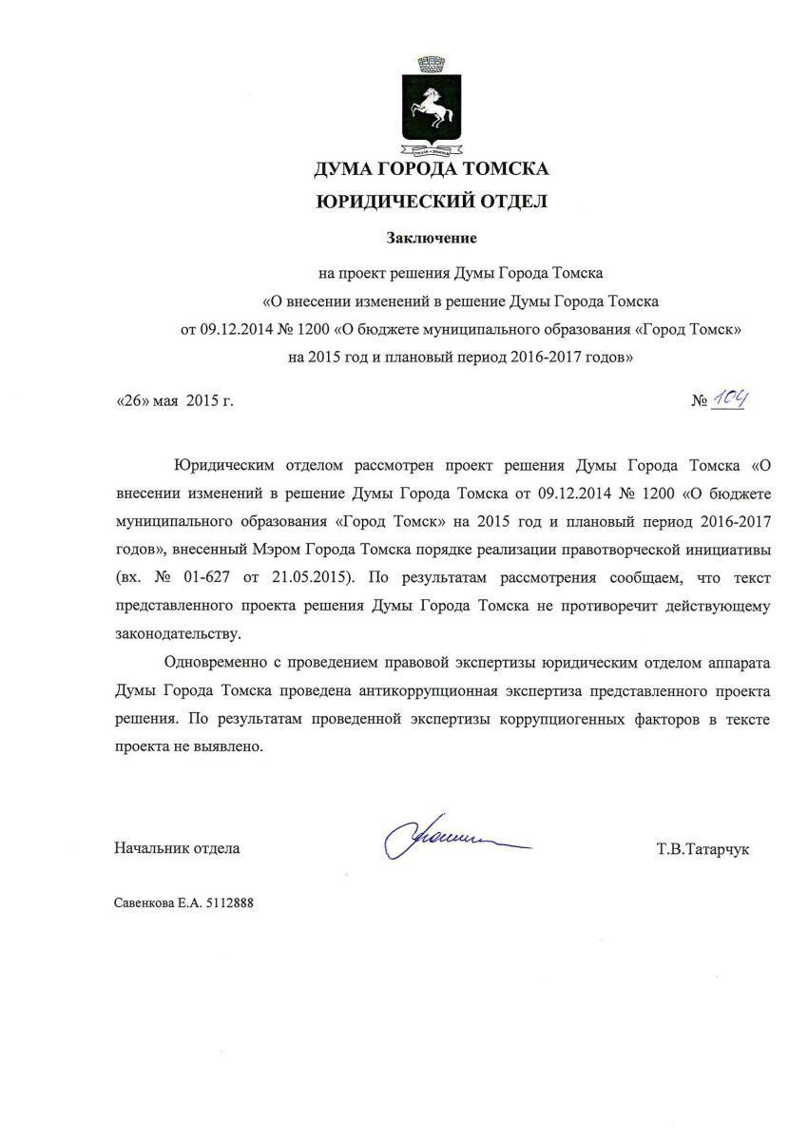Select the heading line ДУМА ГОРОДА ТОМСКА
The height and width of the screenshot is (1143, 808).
tap(432, 170)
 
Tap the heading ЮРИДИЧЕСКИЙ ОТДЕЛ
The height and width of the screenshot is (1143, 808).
tap(432, 202)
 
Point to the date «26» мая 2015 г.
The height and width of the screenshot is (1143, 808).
tap(174, 401)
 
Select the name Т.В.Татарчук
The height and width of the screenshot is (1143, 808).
tap(702, 848)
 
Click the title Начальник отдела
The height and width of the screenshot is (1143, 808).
tap(177, 847)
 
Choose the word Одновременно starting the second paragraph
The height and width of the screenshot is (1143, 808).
tap(213, 663)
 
